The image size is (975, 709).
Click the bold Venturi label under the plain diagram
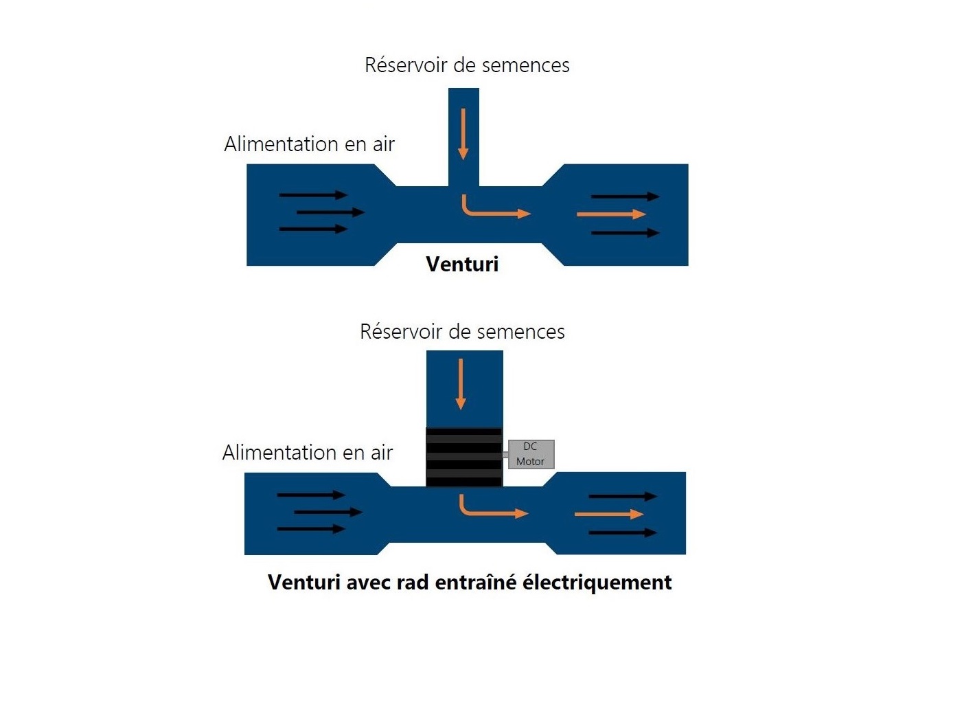[462, 264]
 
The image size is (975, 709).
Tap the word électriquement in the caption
[597, 583]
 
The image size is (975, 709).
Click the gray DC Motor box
[531, 454]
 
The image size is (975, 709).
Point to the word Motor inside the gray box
[530, 461]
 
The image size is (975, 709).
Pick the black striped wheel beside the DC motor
[464, 458]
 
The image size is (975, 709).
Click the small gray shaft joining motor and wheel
[505, 455]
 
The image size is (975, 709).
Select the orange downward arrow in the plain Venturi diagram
[463, 134]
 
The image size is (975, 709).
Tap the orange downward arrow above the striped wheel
[461, 383]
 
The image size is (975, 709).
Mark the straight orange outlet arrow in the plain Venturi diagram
[611, 214]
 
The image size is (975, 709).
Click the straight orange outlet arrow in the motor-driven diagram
[609, 515]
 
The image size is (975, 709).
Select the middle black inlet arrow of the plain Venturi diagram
[330, 212]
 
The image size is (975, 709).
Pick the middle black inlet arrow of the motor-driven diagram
[328, 512]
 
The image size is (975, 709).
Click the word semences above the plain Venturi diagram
[525, 65]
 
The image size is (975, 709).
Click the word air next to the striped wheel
[382, 453]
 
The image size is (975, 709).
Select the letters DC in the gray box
[530, 447]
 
